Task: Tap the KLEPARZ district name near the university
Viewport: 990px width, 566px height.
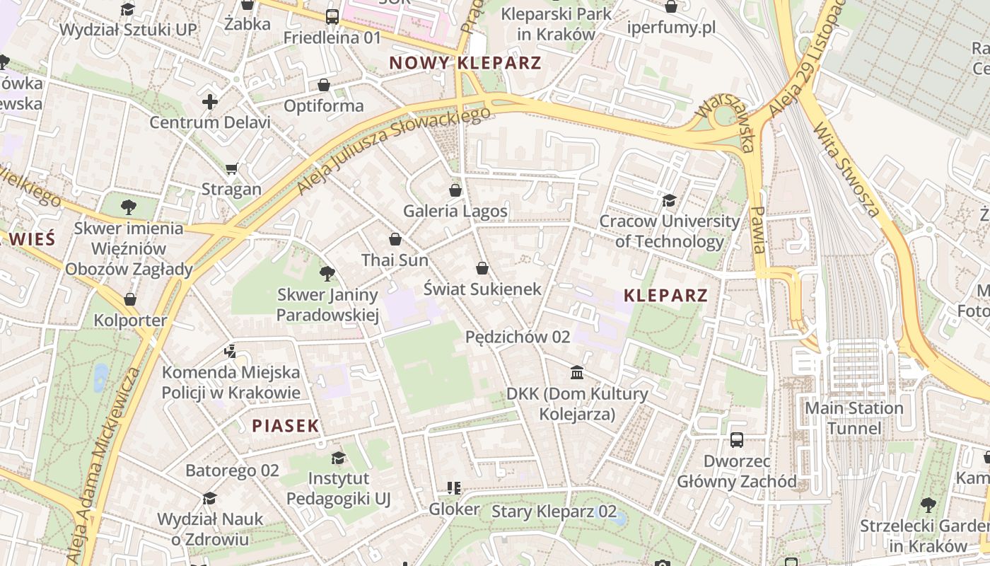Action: click(665, 295)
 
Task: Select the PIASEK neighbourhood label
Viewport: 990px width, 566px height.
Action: click(286, 425)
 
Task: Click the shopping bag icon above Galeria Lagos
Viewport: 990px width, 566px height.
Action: click(455, 190)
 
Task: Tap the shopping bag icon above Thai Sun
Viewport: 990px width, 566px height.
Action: click(395, 239)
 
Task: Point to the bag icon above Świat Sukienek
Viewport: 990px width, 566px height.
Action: click(482, 268)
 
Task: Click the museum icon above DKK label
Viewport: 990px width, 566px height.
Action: click(577, 372)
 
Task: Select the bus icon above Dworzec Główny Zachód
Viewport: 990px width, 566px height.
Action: click(737, 440)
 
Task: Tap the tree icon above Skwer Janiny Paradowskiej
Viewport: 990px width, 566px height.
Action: click(327, 273)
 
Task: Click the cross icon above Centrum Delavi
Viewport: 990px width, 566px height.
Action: click(210, 102)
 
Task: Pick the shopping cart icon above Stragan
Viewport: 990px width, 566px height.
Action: click(231, 168)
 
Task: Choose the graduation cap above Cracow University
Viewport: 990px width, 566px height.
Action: click(669, 200)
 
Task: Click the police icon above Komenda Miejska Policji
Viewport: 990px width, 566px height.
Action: click(231, 350)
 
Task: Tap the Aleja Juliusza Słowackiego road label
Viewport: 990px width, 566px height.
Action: click(394, 151)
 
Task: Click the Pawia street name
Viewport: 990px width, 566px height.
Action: click(758, 230)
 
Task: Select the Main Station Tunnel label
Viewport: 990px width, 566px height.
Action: click(854, 418)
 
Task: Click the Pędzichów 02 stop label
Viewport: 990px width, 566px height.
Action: click(518, 337)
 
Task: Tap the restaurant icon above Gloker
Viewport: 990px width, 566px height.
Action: click(454, 487)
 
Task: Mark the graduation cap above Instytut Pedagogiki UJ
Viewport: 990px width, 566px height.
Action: click(338, 458)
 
